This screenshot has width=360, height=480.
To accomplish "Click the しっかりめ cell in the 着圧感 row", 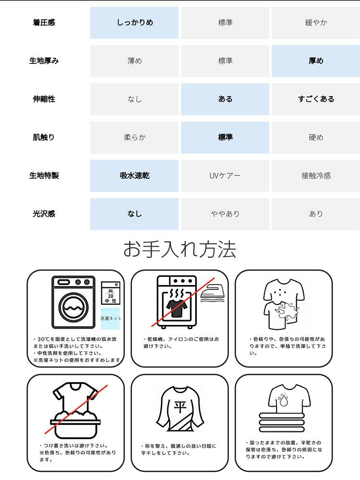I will click(x=134, y=23).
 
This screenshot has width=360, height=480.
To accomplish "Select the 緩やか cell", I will click(x=316, y=23).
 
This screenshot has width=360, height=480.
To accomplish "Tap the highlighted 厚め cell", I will click(x=316, y=61).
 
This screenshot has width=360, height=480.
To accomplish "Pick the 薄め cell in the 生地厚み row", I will click(x=134, y=61).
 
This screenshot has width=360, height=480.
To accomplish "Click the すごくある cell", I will click(x=316, y=99).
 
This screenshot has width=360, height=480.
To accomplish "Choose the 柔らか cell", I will click(x=134, y=137).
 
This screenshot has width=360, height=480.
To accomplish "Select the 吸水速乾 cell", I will click(x=134, y=176).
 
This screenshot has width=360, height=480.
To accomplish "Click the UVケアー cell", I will click(x=225, y=176).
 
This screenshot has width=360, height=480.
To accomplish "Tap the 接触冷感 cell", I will click(x=316, y=176).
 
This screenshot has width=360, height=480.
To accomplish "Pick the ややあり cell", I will click(x=225, y=214).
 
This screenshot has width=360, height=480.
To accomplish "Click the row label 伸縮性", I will click(x=44, y=99).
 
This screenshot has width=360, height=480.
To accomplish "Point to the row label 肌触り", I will click(x=44, y=137).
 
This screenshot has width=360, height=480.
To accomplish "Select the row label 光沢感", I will click(x=44, y=214).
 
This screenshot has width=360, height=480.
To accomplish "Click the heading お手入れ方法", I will click(x=180, y=250).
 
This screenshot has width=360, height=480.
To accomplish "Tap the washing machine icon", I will click(x=73, y=302).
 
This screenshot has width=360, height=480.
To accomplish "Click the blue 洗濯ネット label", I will click(x=110, y=318).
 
